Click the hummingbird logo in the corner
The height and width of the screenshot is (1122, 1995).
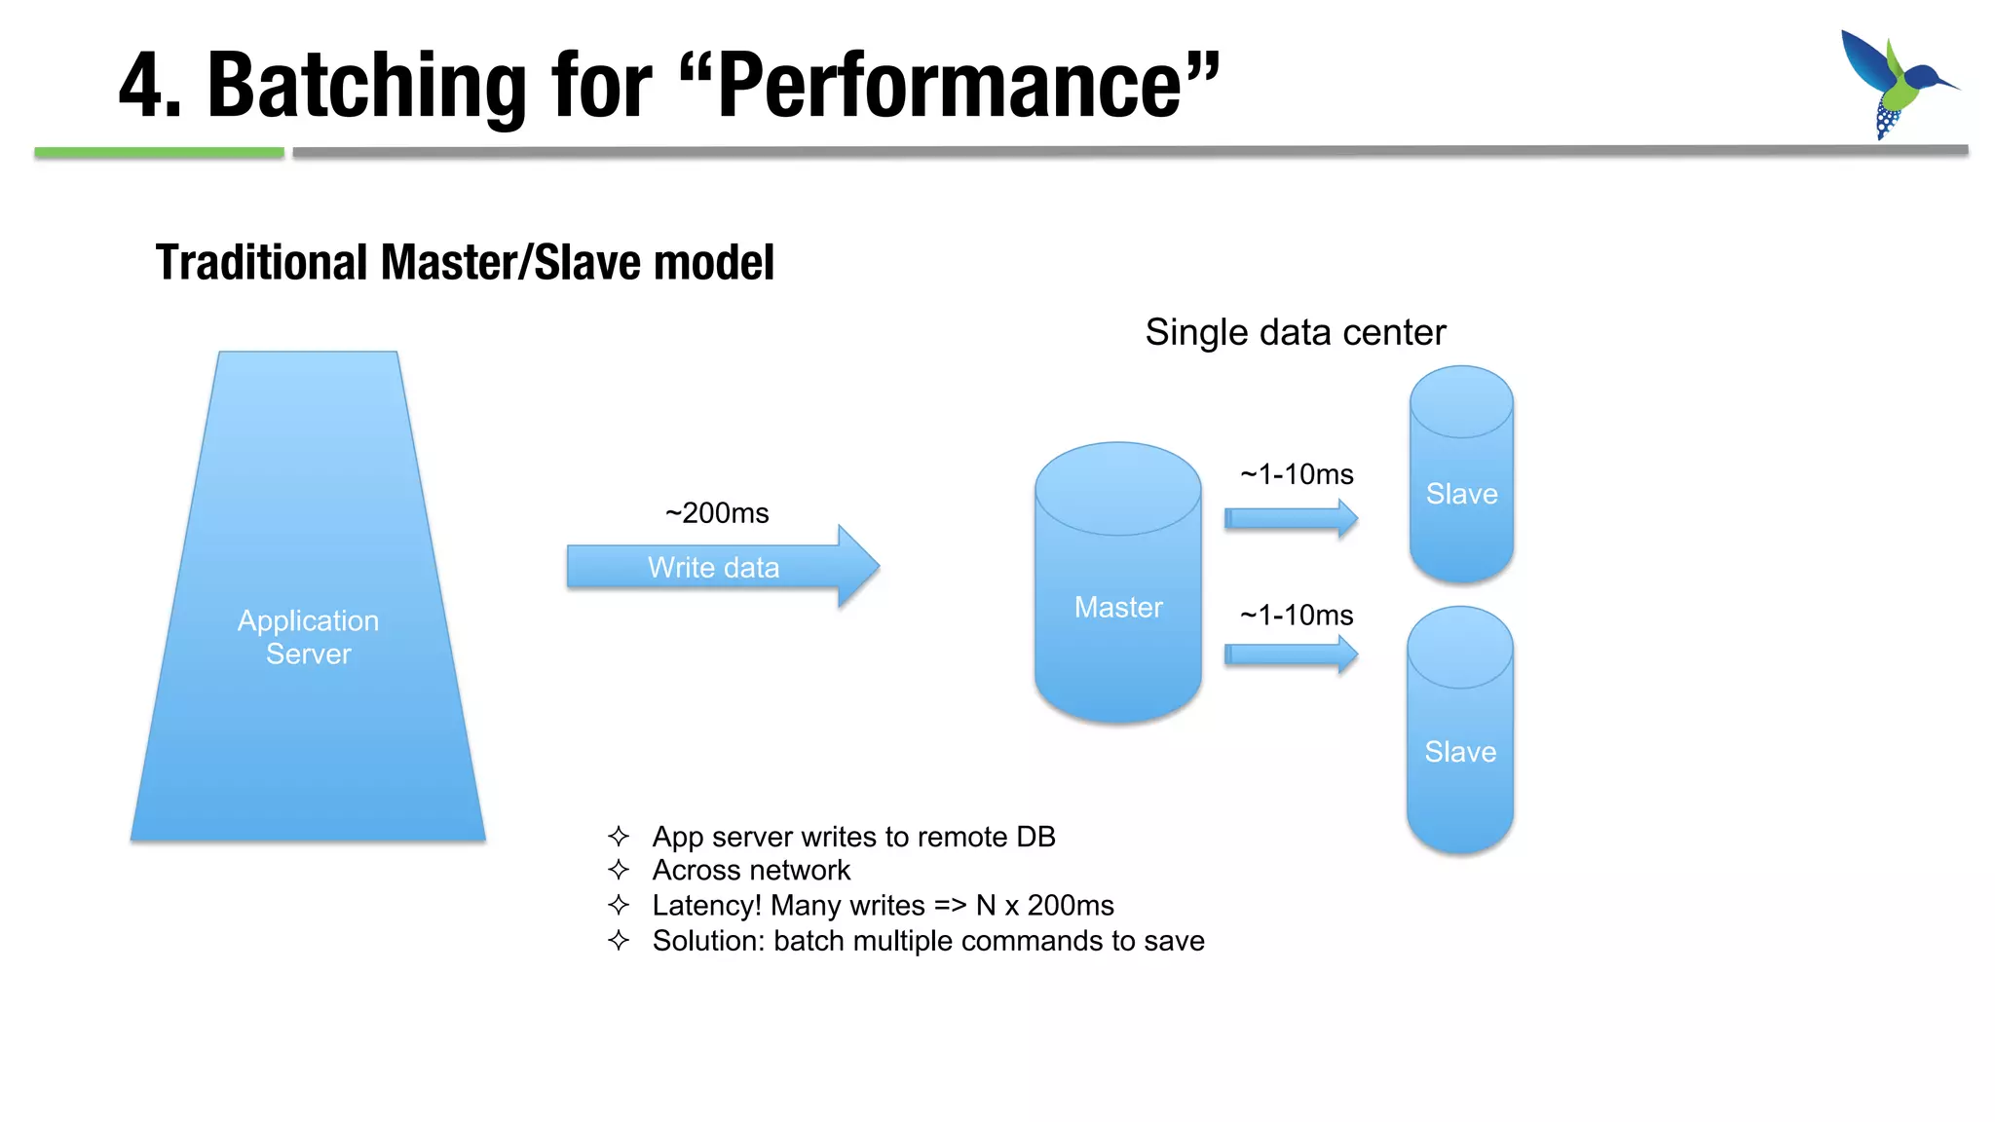click(1896, 84)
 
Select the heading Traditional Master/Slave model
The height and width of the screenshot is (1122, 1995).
click(465, 263)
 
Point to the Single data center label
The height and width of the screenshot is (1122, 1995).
click(1295, 333)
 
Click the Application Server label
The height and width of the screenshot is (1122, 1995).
click(308, 637)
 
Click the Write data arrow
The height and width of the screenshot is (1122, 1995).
click(721, 567)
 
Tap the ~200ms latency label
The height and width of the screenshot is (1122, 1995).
click(717, 513)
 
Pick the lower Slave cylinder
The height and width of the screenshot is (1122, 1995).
click(1459, 740)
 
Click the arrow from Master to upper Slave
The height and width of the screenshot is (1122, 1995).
click(1290, 518)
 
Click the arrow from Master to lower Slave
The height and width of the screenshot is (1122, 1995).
click(1290, 654)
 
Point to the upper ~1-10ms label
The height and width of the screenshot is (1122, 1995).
click(1297, 475)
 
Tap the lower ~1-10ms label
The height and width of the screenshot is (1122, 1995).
click(1297, 616)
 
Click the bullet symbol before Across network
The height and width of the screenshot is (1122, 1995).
click(619, 870)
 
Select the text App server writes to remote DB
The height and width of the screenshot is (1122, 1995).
click(853, 837)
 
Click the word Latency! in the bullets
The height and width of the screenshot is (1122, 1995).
click(707, 906)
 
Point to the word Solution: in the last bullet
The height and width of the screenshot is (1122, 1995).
click(708, 941)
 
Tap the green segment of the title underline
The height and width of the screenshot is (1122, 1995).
click(159, 152)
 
